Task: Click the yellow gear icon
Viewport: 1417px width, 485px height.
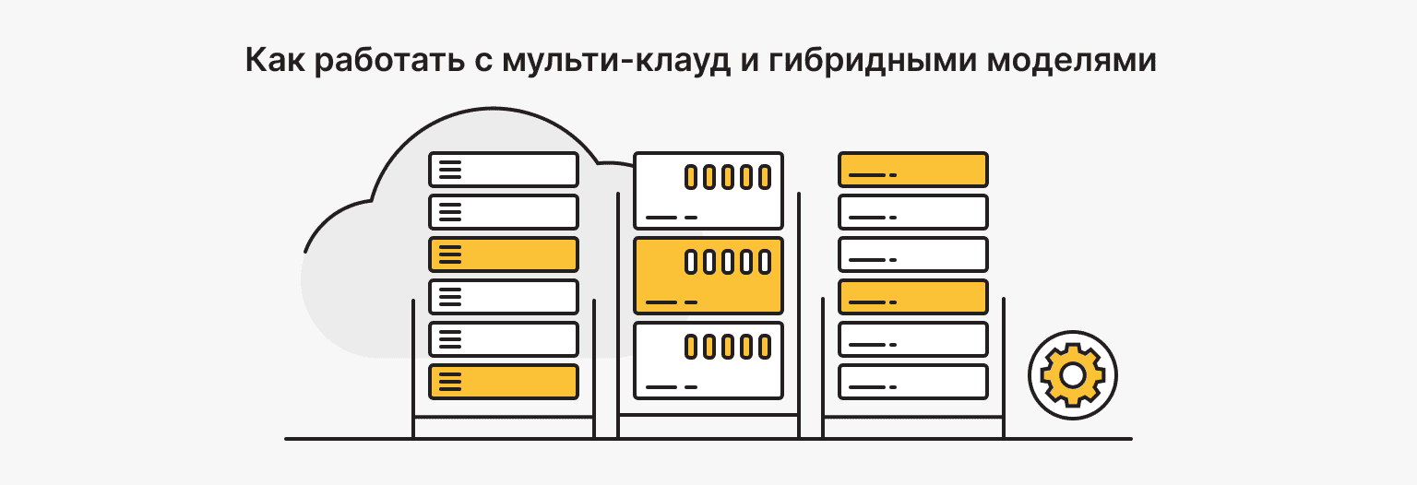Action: coord(1072,375)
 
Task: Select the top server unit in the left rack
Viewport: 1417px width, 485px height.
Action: coord(504,170)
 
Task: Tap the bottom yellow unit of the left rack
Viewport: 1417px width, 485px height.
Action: coord(504,381)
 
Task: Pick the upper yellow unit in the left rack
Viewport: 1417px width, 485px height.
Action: coord(504,254)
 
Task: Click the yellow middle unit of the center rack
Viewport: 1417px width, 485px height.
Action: coord(708,275)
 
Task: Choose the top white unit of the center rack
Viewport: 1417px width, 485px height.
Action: coord(708,190)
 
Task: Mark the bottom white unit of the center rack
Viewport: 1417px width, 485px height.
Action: coord(708,360)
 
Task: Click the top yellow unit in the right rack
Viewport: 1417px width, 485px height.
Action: coord(913,170)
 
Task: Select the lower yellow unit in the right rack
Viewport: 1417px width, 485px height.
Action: coord(913,296)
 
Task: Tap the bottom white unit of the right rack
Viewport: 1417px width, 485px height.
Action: coord(913,381)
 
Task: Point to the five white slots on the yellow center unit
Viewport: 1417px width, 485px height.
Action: coord(727,262)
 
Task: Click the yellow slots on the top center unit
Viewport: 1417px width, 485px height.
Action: coord(727,177)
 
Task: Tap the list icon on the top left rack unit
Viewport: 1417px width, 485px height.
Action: coord(449,170)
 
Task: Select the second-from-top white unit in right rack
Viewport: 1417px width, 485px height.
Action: coord(913,211)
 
